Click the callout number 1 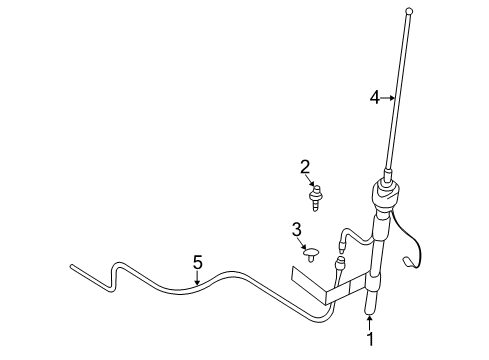point(370,339)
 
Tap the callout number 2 point(305,167)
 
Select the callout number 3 point(297,230)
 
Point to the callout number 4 point(375,98)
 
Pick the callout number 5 point(198,262)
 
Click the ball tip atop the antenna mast point(410,12)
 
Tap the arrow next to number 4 point(388,98)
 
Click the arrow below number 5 point(198,278)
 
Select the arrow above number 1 point(369,323)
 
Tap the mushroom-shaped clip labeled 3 point(311,254)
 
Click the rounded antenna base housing point(385,193)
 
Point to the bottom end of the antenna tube point(370,312)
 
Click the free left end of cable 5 point(72,266)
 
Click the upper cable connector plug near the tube point(341,246)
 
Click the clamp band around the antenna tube point(373,283)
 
